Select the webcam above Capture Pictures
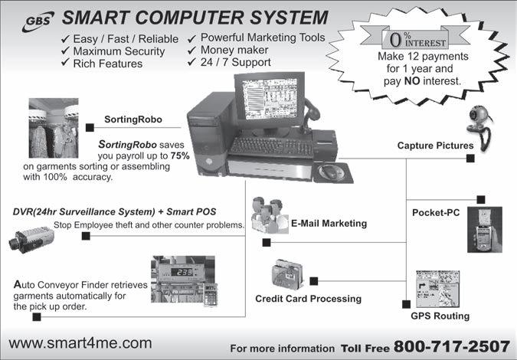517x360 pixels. (480, 120)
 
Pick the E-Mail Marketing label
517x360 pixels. (329, 224)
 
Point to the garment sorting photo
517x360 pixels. (53, 128)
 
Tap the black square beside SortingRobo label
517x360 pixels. (90, 127)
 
